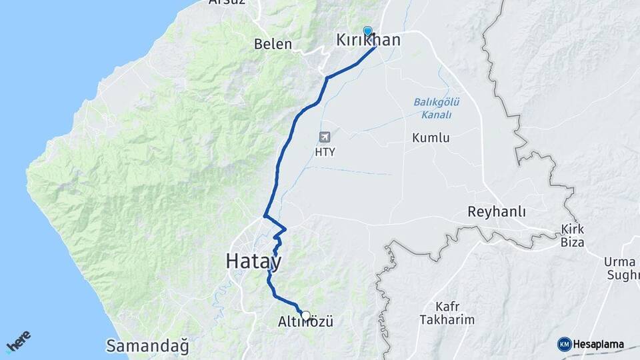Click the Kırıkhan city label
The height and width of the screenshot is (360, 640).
(x=369, y=41)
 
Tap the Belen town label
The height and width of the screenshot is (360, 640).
(x=273, y=45)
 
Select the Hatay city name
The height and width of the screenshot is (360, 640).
(x=253, y=261)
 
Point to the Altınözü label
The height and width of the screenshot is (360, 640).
(x=305, y=323)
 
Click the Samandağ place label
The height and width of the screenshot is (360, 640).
(x=147, y=347)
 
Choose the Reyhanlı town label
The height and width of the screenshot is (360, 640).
(x=497, y=213)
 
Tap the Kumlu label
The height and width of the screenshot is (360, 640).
(x=431, y=139)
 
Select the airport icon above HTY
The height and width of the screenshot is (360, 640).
(x=325, y=138)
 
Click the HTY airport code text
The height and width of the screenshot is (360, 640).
(x=325, y=152)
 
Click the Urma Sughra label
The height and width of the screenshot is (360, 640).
(x=621, y=268)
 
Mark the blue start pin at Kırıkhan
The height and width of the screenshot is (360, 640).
(x=367, y=31)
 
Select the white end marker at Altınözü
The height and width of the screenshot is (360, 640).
(x=305, y=315)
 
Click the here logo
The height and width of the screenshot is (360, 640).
(x=19, y=341)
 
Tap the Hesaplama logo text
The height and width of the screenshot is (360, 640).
(x=599, y=345)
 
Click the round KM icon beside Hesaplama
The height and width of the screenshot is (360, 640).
(x=564, y=345)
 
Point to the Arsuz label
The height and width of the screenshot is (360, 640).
(x=227, y=2)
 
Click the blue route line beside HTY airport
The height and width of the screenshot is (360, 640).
(x=285, y=144)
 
